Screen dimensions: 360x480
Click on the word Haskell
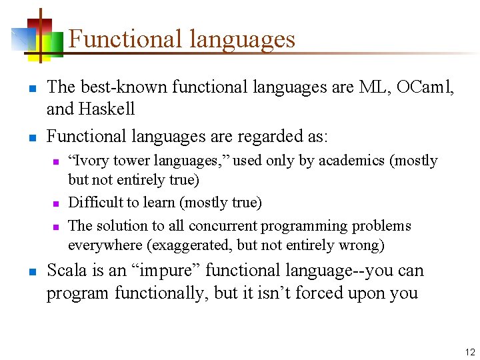(x=108, y=109)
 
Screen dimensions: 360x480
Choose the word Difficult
(x=95, y=203)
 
